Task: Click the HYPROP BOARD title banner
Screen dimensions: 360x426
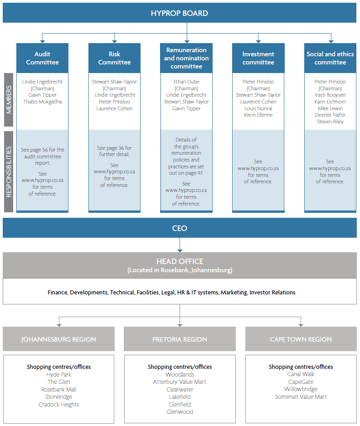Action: (180, 13)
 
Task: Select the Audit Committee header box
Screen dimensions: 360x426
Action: (42, 58)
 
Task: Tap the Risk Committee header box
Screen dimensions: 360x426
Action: (114, 58)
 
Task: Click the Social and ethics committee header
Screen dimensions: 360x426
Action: (330, 58)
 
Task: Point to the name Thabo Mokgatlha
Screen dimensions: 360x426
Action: (42, 102)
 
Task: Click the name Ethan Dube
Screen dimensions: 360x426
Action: (186, 82)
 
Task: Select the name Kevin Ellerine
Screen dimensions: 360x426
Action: (258, 115)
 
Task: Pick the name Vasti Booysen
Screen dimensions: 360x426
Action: (330, 95)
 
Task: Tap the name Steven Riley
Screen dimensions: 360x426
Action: (330, 122)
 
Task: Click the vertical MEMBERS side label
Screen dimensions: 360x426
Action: (9, 100)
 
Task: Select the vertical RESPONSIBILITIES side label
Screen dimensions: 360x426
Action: (9, 171)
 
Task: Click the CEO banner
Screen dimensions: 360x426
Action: (180, 228)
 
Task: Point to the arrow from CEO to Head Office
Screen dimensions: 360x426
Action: (180, 245)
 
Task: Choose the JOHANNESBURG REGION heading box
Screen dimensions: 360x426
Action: (58, 339)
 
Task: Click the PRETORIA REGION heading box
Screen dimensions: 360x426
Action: (180, 339)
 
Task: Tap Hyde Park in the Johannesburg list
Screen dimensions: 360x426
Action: (58, 374)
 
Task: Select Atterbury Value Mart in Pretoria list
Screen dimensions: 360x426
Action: (180, 382)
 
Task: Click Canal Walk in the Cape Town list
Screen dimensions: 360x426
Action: (301, 374)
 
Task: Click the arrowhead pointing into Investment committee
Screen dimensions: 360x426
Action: (258, 41)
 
